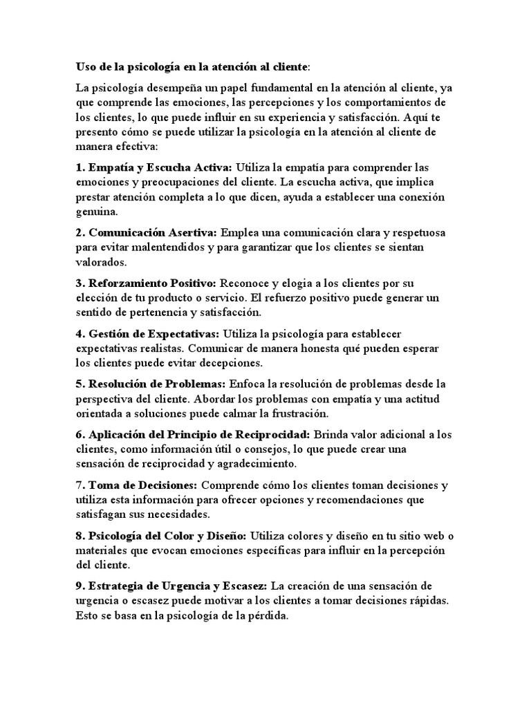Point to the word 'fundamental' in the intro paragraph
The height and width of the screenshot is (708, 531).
coord(272,88)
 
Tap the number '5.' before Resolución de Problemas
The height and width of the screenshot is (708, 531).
coord(80,384)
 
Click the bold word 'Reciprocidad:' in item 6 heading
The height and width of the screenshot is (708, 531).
coord(277,434)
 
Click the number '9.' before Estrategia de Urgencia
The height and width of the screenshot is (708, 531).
coord(80,586)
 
